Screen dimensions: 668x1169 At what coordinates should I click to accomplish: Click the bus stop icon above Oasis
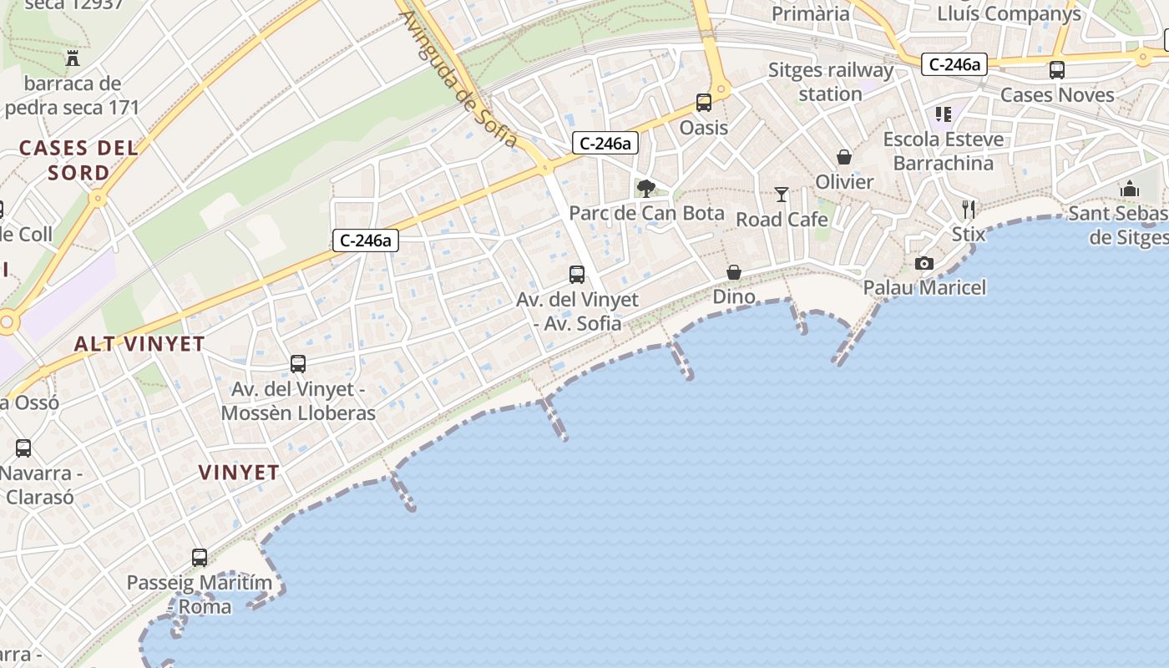point(704,103)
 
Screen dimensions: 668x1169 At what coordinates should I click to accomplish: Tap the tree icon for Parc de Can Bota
point(645,188)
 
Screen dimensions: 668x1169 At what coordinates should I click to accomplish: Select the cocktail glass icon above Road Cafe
point(782,195)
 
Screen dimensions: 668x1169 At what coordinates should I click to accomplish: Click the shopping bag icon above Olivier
point(844,157)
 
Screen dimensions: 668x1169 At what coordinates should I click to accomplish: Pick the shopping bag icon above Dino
point(734,272)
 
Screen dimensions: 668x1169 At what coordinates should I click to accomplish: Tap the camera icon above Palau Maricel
point(924,263)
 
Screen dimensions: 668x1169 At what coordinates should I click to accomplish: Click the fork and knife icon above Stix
point(969,209)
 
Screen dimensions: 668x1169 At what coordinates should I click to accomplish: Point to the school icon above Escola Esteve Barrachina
point(944,114)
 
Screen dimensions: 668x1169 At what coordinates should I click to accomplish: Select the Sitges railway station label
point(830,82)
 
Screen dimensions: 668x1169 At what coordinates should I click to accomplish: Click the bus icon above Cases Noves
point(1057,70)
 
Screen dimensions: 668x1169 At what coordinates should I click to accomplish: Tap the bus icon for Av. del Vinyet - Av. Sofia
point(577,274)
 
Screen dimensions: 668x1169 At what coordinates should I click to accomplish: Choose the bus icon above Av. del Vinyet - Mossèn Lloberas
point(298,364)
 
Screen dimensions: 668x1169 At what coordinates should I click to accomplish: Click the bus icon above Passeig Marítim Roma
point(200,557)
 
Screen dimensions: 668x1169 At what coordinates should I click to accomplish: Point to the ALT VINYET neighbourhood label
point(139,344)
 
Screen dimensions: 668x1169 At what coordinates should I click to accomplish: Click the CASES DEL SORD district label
point(78,160)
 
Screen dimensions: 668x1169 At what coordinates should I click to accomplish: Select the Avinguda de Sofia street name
point(458,78)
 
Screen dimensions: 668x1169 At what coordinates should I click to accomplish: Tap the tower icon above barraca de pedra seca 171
point(73,58)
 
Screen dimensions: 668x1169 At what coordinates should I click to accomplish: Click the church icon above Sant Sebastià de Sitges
point(1130,189)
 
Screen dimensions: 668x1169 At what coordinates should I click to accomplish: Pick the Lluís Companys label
point(1009,13)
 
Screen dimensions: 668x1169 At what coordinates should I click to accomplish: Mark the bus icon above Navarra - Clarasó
point(23,448)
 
